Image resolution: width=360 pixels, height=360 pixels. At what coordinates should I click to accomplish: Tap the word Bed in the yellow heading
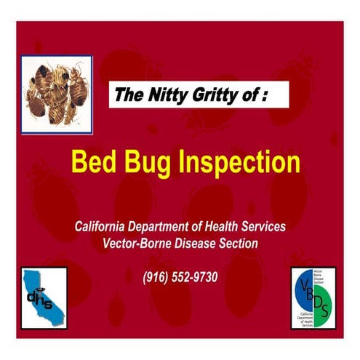click(x=94, y=161)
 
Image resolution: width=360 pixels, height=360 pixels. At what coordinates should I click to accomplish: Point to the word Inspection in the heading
click(x=237, y=161)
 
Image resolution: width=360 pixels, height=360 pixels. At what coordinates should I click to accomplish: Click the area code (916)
click(x=156, y=277)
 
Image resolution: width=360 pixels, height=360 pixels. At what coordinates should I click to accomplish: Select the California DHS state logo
click(x=44, y=297)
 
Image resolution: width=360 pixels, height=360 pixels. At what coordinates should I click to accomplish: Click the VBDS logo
click(x=313, y=297)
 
